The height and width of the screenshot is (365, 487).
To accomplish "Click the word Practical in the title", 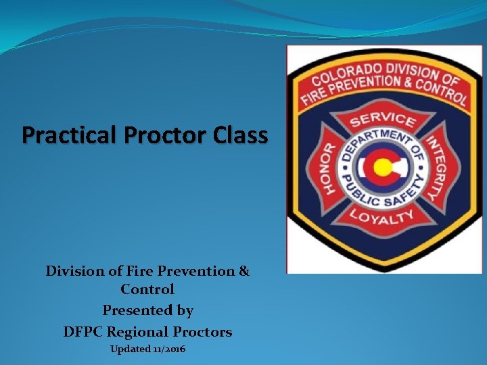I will (62, 135).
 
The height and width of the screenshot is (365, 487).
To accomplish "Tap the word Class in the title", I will (240, 135).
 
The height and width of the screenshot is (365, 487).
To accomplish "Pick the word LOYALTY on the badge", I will (382, 216).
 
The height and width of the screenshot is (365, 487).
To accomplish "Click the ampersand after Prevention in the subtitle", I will (243, 271).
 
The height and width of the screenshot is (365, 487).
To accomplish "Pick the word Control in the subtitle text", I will (147, 289).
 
